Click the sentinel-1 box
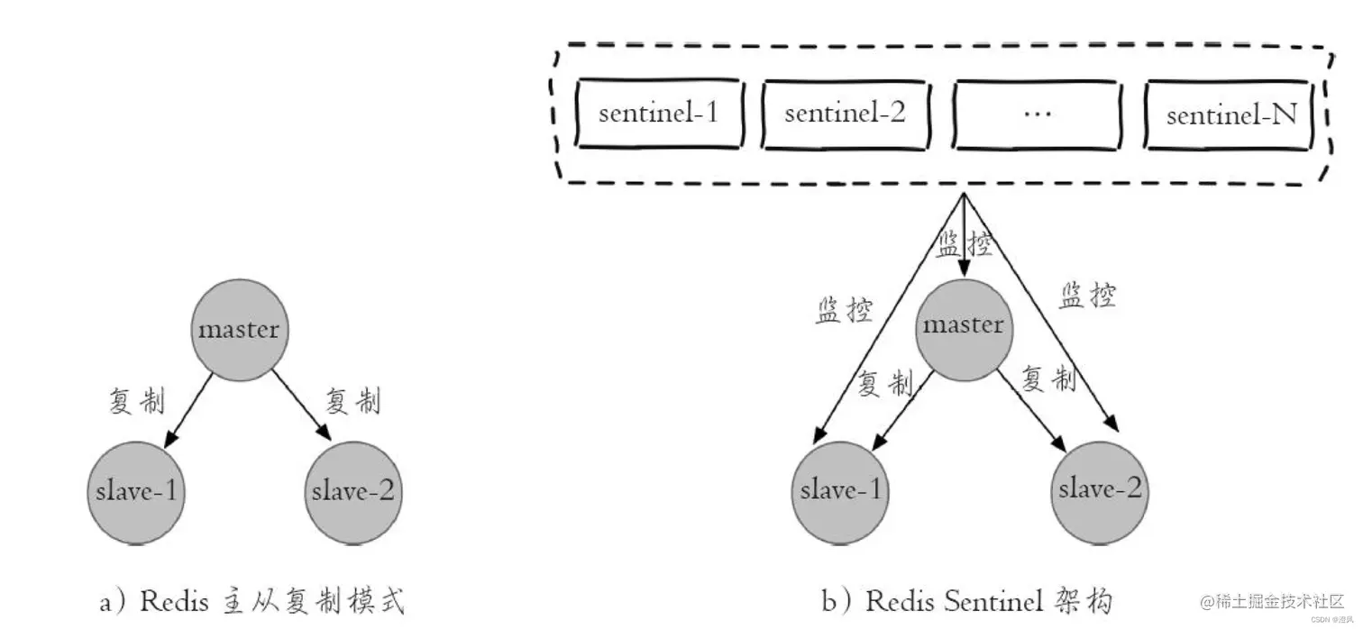(659, 114)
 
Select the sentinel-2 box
(845, 114)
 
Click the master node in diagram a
(239, 329)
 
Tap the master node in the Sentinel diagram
(963, 324)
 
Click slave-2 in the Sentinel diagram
(1100, 489)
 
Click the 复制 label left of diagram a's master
(137, 402)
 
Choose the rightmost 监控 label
(1088, 296)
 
